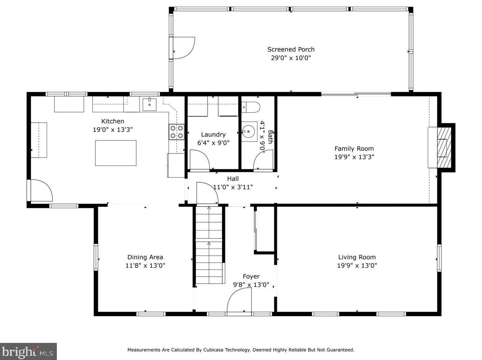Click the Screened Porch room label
(291, 49)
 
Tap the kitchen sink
(149, 105)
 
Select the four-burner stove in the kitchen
(176, 132)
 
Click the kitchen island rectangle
(116, 153)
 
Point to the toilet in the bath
(251, 107)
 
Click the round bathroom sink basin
(248, 131)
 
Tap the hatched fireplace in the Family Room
(444, 148)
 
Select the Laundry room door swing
(200, 159)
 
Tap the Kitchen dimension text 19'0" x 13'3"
(113, 130)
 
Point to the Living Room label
(357, 257)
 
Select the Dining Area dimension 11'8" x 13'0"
(145, 265)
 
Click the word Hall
(233, 179)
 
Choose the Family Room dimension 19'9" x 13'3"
(354, 157)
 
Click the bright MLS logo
(28, 352)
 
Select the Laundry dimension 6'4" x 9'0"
(213, 143)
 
